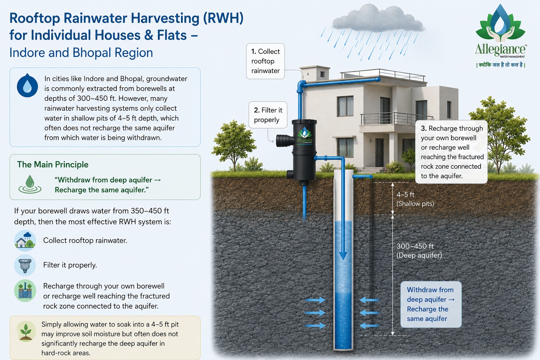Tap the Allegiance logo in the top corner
[501, 31]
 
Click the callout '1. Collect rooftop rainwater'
[265, 61]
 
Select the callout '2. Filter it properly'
[268, 115]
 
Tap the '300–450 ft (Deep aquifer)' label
[419, 251]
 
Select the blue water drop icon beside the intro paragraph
[27, 85]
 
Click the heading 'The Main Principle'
[52, 165]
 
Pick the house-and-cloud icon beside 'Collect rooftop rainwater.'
[25, 240]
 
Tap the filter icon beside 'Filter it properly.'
[25, 265]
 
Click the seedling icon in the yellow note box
[26, 331]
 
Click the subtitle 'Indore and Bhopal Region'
[81, 53]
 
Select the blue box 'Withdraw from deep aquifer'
[431, 304]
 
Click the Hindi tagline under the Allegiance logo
[501, 65]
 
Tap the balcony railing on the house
[397, 119]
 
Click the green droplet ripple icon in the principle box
[30, 185]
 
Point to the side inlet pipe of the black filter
[285, 140]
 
